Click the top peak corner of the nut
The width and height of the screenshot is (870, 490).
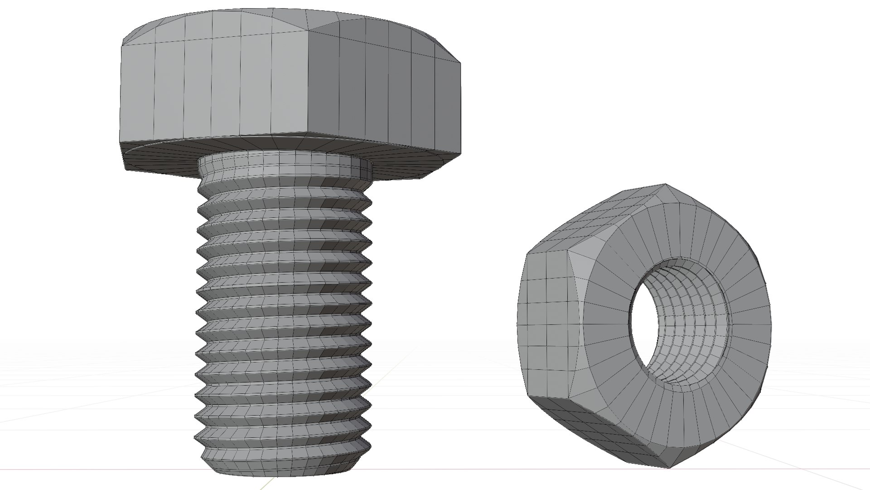pyautogui.click(x=665, y=184)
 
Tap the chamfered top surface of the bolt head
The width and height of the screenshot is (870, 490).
pyautogui.click(x=272, y=20)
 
